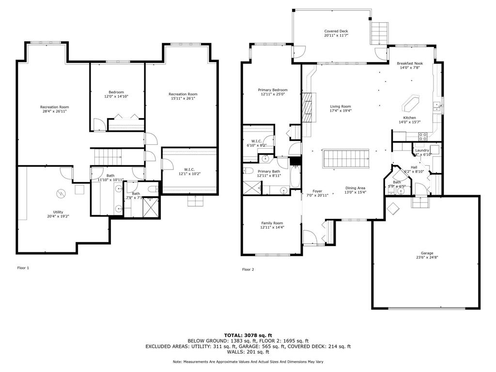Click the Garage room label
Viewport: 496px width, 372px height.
point(426,253)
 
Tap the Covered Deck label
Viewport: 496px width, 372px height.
point(336,31)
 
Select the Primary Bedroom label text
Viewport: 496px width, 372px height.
point(272,90)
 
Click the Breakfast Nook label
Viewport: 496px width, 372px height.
point(409,63)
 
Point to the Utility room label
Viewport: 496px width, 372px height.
point(58,212)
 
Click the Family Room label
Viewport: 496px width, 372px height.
point(272,223)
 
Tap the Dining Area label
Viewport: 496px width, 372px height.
point(355,188)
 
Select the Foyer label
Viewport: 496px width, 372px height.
point(317,191)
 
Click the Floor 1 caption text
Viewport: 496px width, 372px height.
point(23,268)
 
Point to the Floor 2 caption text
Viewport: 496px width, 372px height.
point(248,269)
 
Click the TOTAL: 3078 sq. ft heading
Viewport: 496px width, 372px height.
point(248,335)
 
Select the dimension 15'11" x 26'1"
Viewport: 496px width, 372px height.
point(183,98)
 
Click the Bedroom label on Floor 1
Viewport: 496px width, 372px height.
point(116,92)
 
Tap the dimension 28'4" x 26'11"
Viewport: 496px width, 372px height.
point(54,111)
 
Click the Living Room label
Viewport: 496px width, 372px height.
point(341,107)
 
